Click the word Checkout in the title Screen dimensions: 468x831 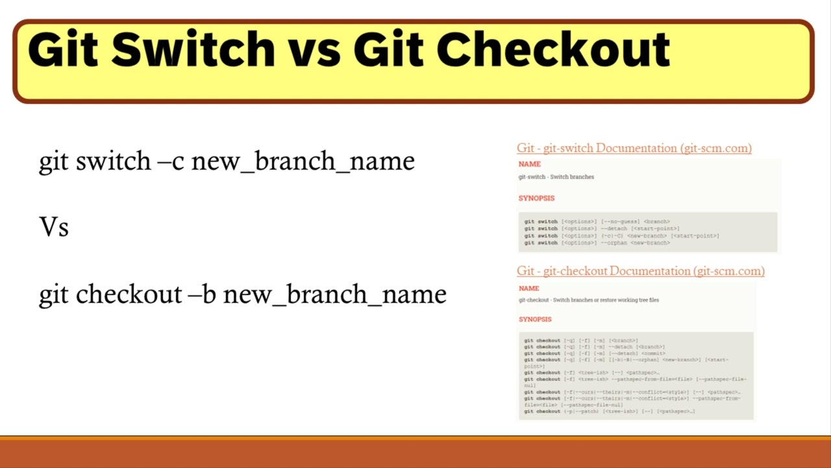552,50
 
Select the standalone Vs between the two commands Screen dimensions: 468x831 54,227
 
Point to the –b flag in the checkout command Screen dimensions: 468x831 202,294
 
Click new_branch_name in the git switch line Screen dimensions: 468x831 303,161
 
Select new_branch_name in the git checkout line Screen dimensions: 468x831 334,294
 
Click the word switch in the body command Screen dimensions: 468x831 114,161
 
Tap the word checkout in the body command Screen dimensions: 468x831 129,294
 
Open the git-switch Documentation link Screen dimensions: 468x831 634,148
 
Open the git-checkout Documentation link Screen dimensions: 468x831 640,271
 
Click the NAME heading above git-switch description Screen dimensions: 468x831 529,164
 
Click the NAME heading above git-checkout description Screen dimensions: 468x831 528,288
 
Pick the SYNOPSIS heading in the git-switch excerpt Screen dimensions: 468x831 536,198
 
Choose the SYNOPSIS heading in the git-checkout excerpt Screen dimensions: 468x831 535,319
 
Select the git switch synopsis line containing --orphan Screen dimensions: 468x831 597,243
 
